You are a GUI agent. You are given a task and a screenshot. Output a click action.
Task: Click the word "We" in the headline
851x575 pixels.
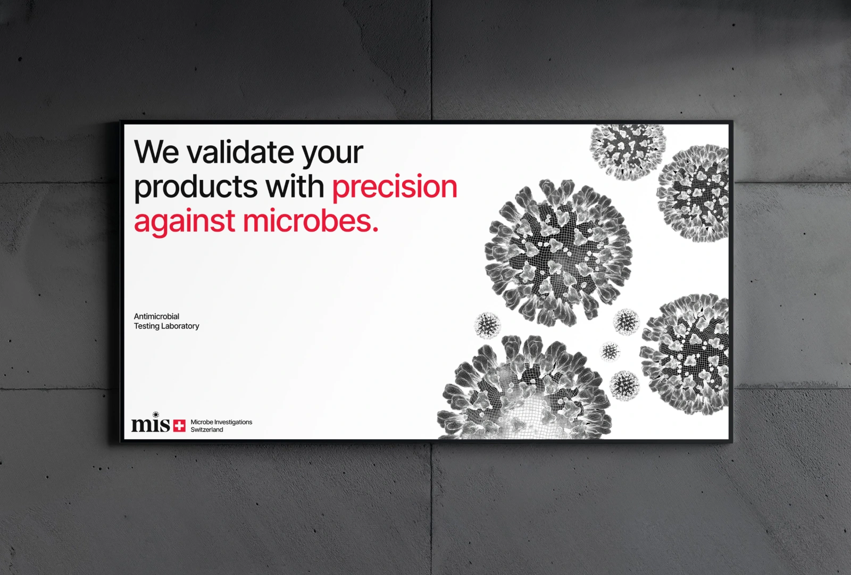tap(156, 152)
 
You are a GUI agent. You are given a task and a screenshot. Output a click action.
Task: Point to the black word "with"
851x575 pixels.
tap(295, 186)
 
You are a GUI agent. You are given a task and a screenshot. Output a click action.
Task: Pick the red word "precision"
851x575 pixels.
tap(395, 187)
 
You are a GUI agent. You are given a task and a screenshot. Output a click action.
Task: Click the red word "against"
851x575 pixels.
tap(184, 223)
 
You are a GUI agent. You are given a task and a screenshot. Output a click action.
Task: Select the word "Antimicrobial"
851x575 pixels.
tap(156, 316)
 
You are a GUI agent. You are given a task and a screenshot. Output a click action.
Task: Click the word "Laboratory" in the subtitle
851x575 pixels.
tap(180, 326)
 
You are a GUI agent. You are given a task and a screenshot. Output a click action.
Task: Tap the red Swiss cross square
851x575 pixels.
tap(179, 425)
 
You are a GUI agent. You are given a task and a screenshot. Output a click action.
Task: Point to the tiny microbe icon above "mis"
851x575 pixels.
tap(155, 415)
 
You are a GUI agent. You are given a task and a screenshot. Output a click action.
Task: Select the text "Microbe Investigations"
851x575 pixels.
tap(221, 422)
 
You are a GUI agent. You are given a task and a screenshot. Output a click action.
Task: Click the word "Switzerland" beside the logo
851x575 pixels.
tap(207, 430)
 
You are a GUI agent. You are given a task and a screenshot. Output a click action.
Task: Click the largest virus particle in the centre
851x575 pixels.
tap(558, 253)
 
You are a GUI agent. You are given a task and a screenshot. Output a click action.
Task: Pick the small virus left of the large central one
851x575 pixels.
tap(487, 325)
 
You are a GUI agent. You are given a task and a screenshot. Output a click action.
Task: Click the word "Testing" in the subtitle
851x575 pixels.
tap(146, 326)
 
